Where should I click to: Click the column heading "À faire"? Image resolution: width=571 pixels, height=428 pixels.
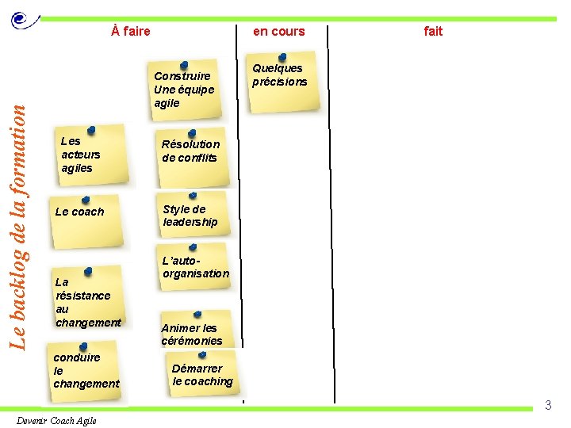[x=131, y=32]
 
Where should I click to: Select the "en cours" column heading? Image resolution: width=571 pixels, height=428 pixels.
[x=278, y=32]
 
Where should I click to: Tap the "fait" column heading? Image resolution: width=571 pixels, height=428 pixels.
[x=433, y=32]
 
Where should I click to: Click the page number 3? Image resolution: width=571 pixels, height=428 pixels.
[x=547, y=406]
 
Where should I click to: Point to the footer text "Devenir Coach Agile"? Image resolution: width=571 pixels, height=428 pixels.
[x=56, y=420]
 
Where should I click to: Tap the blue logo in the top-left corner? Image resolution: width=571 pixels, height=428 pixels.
[x=23, y=19]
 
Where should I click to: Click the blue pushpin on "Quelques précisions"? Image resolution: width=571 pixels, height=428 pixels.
[x=283, y=57]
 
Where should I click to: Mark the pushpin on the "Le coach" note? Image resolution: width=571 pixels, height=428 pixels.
[x=85, y=200]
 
